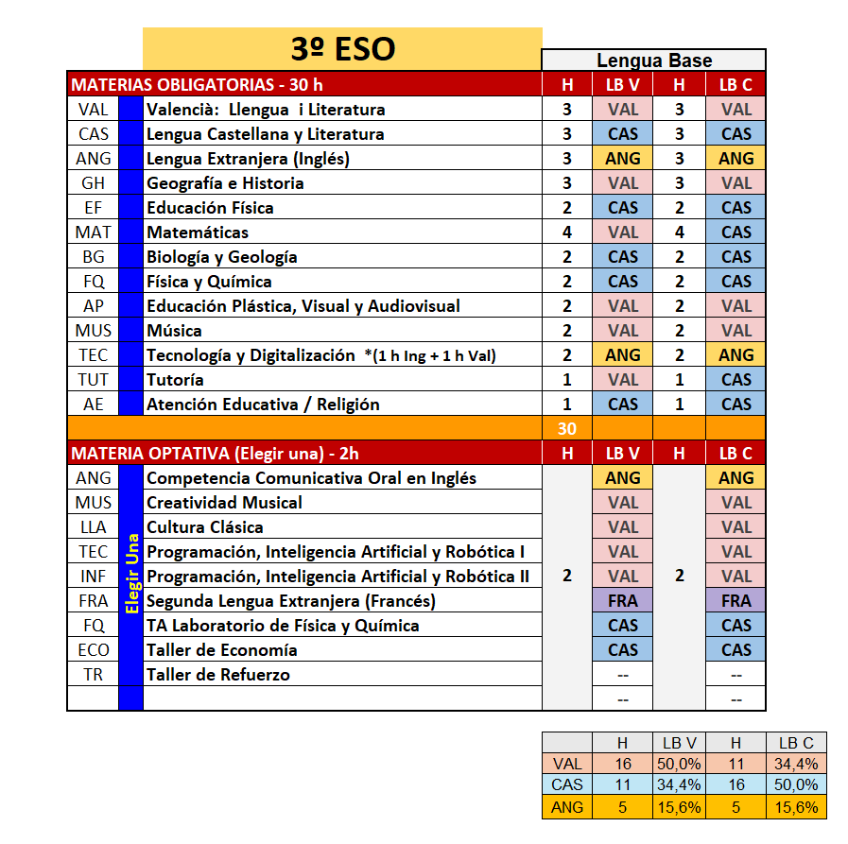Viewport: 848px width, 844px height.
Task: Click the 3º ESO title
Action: point(342,48)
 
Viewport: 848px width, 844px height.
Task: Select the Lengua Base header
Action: point(653,60)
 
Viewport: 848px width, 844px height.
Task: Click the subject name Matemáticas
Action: point(198,233)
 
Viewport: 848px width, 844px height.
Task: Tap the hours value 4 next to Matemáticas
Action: point(567,233)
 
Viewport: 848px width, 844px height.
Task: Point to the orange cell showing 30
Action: point(567,428)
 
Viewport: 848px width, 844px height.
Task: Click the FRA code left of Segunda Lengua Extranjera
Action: point(94,601)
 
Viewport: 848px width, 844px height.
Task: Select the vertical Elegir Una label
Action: point(131,575)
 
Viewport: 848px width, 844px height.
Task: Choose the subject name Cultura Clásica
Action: point(205,527)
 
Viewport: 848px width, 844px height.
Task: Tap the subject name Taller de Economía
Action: point(222,650)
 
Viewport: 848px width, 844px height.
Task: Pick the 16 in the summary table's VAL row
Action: point(622,764)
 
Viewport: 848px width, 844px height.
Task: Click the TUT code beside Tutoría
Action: point(94,380)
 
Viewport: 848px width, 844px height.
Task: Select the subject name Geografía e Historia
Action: point(225,183)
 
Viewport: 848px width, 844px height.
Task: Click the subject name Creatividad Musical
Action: point(224,503)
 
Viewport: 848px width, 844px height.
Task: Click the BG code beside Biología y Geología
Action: point(94,257)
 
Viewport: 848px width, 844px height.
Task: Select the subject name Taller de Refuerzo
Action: point(218,675)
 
